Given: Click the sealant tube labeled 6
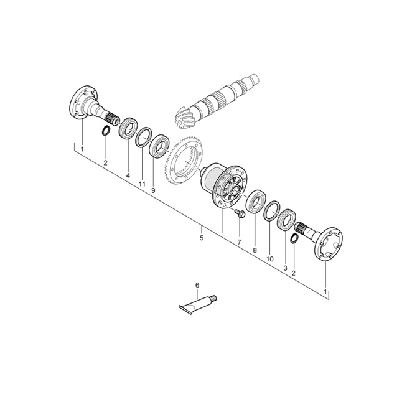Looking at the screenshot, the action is point(198,305).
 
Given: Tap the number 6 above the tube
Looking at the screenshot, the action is point(197,285).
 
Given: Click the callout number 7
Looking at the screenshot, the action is point(239,242).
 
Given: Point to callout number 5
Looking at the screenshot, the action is point(202,238).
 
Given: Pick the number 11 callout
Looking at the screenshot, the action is point(142,184).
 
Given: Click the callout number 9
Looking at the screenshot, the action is point(153,191).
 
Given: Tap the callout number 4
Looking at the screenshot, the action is point(128,175).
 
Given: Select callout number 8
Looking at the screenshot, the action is point(255,250).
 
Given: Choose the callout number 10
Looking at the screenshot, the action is point(269,259).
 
